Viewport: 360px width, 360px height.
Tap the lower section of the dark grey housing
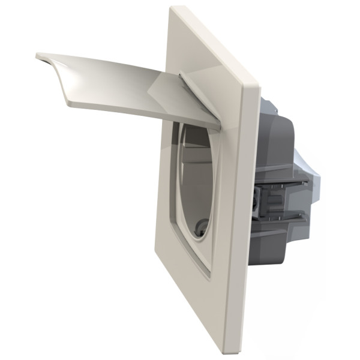(x=276, y=246)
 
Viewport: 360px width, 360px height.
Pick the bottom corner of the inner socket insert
(x=207, y=276)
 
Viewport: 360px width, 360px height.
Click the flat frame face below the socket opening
(x=192, y=300)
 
